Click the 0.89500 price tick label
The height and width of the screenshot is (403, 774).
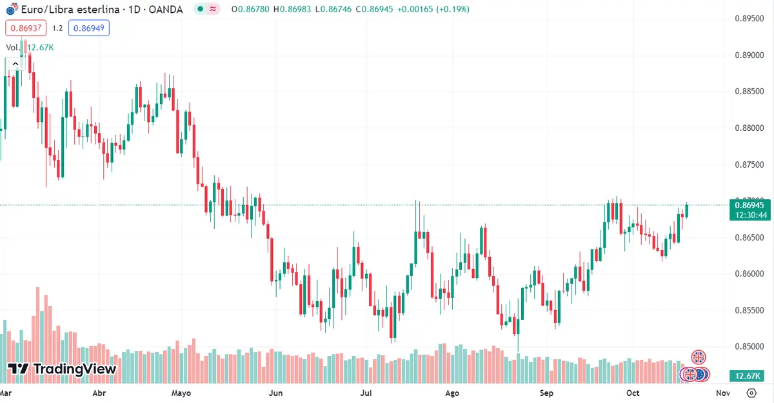click(750, 19)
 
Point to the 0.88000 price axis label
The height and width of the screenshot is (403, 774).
click(750, 128)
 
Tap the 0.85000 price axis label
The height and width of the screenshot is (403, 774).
click(750, 347)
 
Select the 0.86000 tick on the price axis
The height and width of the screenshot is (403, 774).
click(750, 274)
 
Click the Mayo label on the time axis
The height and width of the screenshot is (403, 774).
click(181, 393)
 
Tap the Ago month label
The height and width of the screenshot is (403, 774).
click(452, 393)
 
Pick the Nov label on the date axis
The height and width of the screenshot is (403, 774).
click(723, 393)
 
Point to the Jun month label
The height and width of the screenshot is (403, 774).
click(275, 393)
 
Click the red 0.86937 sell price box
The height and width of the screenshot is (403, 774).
click(26, 28)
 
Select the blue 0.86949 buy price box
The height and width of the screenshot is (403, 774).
click(90, 28)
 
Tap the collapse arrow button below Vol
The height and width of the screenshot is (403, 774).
click(14, 63)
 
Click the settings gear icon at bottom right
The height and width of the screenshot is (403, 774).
click(751, 393)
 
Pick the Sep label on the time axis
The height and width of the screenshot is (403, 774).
click(547, 393)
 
